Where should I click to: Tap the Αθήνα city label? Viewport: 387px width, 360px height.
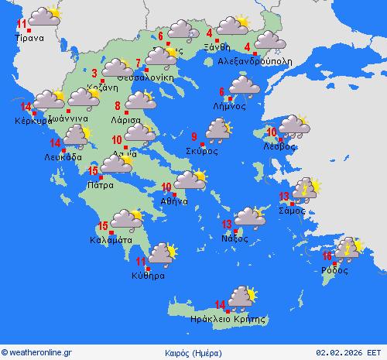click(x=174, y=201)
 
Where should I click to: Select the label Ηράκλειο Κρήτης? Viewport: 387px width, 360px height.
click(x=228, y=319)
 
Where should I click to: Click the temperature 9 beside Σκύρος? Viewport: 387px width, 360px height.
click(x=193, y=138)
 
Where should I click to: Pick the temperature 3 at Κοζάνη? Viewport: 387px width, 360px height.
click(x=94, y=74)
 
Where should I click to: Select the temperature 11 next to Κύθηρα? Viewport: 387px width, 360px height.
click(x=141, y=261)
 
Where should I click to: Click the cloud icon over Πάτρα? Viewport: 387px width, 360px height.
click(x=117, y=163)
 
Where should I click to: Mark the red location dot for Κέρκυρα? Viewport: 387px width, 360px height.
click(x=34, y=114)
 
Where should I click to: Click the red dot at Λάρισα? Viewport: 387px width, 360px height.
click(x=126, y=113)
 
